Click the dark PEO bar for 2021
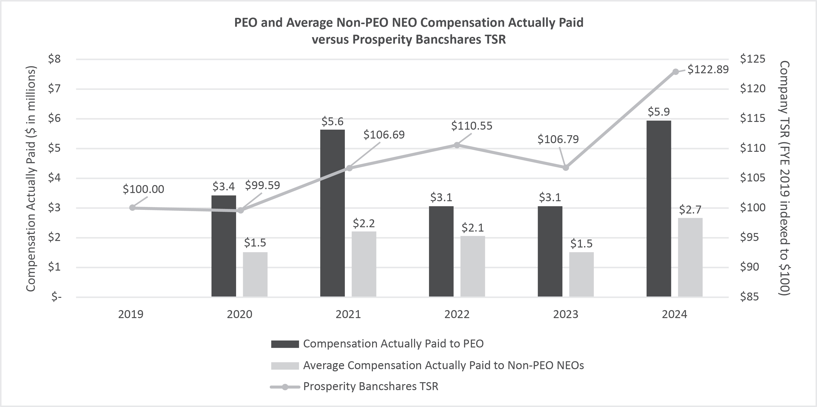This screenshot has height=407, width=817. [332, 213]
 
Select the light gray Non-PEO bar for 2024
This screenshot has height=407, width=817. [690, 257]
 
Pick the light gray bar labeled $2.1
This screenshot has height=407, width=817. [473, 266]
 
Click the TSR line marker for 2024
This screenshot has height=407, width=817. [675, 72]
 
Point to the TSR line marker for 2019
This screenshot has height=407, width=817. [133, 208]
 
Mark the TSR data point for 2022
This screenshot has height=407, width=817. [457, 145]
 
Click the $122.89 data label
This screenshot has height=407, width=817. [708, 69]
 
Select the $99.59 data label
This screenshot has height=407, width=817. [262, 185]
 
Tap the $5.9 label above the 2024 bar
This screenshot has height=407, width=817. [658, 112]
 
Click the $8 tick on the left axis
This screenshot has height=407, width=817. [54, 59]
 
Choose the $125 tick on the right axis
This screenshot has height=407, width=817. [753, 59]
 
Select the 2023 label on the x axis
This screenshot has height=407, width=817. [565, 314]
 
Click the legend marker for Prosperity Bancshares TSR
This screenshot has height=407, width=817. [285, 387]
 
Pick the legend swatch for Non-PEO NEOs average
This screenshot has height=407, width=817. [285, 366]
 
